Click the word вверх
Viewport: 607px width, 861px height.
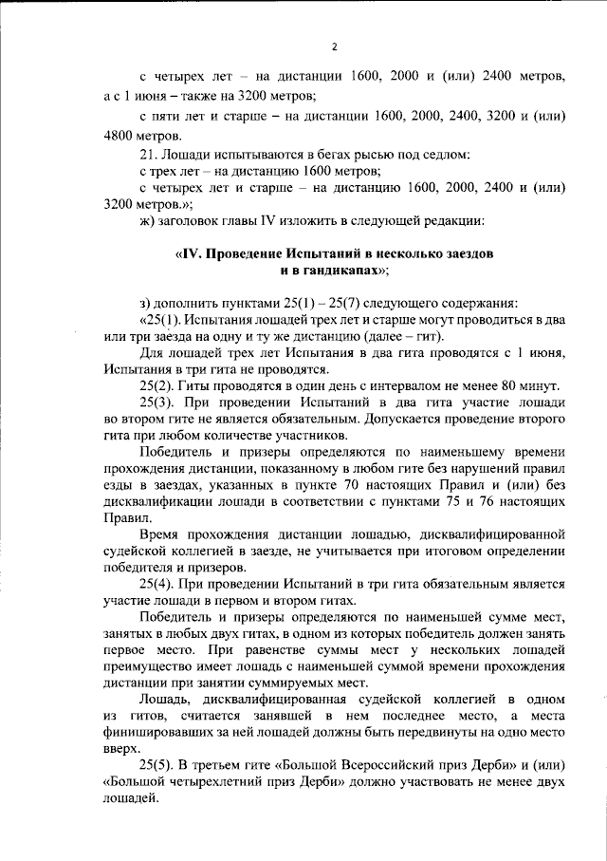[121, 747]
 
